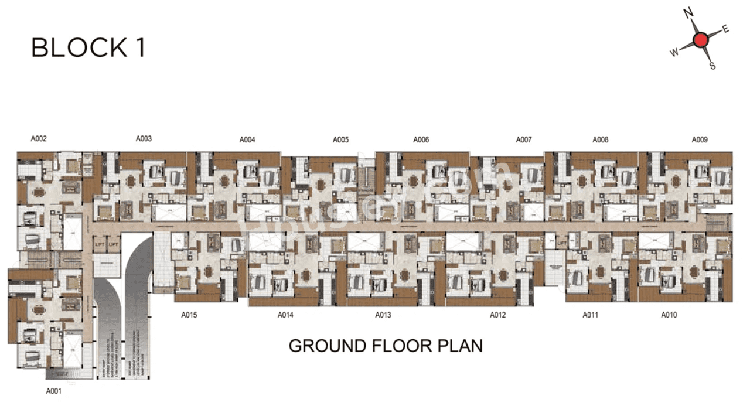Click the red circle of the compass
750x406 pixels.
click(x=700, y=40)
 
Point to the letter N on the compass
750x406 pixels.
click(x=690, y=13)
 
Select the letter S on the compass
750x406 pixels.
click(x=712, y=66)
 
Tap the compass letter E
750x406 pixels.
click(x=725, y=29)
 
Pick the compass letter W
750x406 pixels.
click(x=674, y=53)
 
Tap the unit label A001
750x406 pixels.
click(x=54, y=391)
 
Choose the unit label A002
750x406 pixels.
click(x=39, y=139)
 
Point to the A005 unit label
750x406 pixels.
click(x=340, y=140)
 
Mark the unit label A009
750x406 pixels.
click(x=700, y=140)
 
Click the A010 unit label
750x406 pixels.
click(x=669, y=315)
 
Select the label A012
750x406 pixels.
click(x=497, y=315)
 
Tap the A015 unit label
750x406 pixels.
click(x=189, y=315)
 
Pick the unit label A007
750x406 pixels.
click(x=524, y=140)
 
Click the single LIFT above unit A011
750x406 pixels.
click(x=561, y=243)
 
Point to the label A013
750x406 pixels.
click(x=383, y=315)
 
